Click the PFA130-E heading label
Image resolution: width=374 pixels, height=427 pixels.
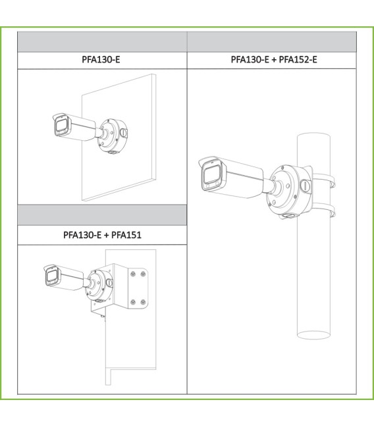pyautogui.click(x=101, y=59)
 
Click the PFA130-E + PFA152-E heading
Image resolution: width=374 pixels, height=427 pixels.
pyautogui.click(x=274, y=59)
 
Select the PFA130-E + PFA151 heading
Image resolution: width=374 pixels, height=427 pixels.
pyautogui.click(x=102, y=235)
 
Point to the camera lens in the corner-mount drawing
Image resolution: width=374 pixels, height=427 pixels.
pyautogui.click(x=51, y=276)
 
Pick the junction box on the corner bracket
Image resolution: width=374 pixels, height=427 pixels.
pyautogui.click(x=99, y=286)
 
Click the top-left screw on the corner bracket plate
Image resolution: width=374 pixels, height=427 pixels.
pyautogui.click(x=133, y=274)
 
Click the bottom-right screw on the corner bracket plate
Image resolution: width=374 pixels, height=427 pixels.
pyautogui.click(x=143, y=302)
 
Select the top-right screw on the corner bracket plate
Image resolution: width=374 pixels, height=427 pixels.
pyautogui.click(x=143, y=274)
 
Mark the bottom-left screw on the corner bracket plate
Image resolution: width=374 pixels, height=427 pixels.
pyautogui.click(x=133, y=302)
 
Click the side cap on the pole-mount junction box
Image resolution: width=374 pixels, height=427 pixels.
pyautogui.click(x=305, y=187)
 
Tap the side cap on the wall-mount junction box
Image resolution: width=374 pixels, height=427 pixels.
pyautogui.click(x=124, y=133)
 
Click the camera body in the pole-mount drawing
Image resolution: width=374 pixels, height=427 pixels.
pyautogui.click(x=232, y=178)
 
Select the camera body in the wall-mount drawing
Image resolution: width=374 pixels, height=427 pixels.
pyautogui.click(x=74, y=128)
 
